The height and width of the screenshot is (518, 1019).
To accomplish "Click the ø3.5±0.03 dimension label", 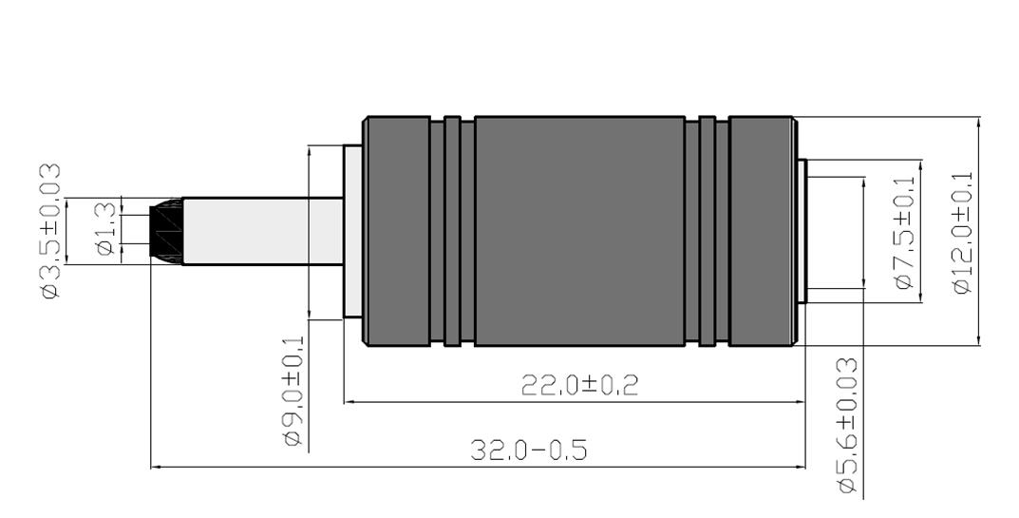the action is point(51,230).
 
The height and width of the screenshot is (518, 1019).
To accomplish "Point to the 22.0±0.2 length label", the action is point(579,385).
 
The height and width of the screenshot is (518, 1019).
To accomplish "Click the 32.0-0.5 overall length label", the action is point(529,450).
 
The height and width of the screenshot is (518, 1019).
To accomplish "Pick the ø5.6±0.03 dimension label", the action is point(848,425).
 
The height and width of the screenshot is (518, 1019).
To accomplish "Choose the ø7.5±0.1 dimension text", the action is point(904,232).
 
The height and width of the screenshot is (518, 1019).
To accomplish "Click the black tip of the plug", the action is point(165,231).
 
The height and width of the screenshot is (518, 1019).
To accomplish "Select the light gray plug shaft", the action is point(262,231).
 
